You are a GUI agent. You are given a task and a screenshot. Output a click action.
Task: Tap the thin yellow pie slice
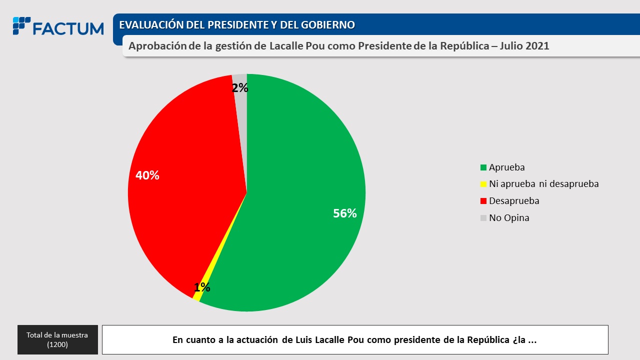[197, 295]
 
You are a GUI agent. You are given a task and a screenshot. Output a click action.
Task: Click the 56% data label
[345, 213]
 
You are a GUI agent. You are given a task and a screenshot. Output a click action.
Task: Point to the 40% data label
[147, 175]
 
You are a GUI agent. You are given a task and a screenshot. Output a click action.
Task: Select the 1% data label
[202, 287]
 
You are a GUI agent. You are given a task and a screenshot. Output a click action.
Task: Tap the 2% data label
[240, 88]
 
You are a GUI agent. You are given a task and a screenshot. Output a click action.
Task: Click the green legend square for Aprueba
[483, 167]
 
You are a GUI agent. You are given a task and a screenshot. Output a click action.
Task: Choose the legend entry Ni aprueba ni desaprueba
[543, 184]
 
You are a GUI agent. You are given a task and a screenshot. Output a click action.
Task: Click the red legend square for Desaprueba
[483, 201]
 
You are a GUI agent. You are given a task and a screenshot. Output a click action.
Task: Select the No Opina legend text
[509, 218]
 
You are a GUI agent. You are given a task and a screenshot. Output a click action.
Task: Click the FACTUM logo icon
[21, 26]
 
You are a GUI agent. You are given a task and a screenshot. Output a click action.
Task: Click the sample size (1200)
[57, 344]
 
